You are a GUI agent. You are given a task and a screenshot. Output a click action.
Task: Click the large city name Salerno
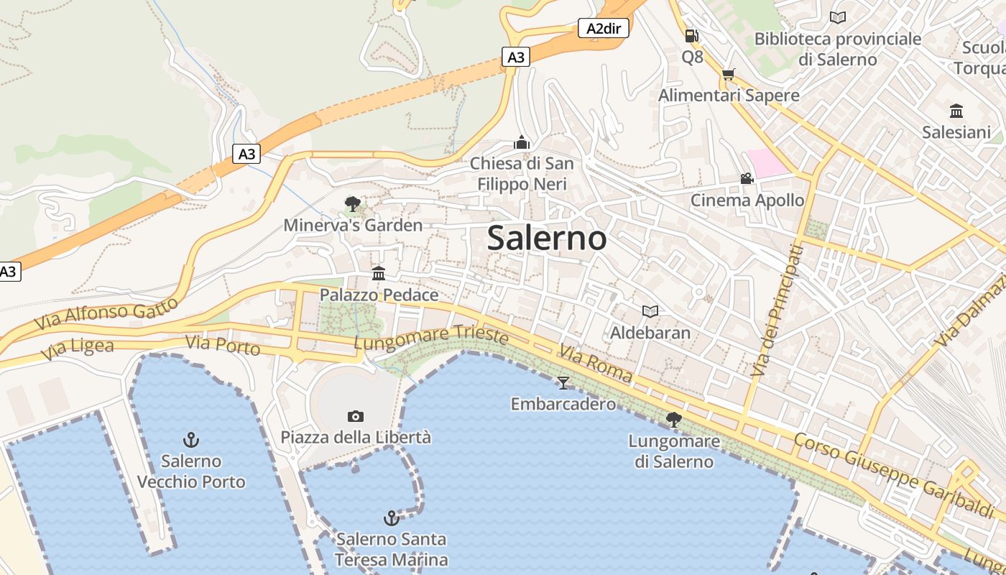pyautogui.click(x=547, y=238)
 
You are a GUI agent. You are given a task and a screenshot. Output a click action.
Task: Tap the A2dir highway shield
pyautogui.click(x=604, y=29)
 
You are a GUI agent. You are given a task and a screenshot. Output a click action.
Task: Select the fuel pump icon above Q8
pyautogui.click(x=691, y=35)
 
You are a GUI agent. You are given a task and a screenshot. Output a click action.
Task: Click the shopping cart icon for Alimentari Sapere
pyautogui.click(x=728, y=74)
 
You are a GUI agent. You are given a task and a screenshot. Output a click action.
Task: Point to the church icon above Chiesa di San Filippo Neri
pyautogui.click(x=522, y=142)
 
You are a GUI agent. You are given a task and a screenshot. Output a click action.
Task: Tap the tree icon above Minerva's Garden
pyautogui.click(x=352, y=204)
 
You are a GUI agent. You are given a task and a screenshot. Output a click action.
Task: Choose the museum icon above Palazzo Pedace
pyautogui.click(x=379, y=273)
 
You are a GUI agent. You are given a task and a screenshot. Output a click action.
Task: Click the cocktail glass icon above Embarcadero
pyautogui.click(x=563, y=382)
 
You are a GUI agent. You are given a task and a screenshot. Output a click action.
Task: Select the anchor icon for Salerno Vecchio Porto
pyautogui.click(x=191, y=439)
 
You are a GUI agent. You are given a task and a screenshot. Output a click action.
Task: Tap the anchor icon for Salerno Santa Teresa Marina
pyautogui.click(x=392, y=517)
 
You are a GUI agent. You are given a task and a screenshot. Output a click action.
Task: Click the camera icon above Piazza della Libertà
pyautogui.click(x=355, y=416)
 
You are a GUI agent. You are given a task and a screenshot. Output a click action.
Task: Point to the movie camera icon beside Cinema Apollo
pyautogui.click(x=747, y=178)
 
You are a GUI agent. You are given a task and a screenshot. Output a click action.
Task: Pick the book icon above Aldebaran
pyautogui.click(x=650, y=311)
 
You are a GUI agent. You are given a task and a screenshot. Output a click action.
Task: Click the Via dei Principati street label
pyautogui.click(x=777, y=310)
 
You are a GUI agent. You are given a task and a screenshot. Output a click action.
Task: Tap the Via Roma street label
pyautogui.click(x=596, y=364)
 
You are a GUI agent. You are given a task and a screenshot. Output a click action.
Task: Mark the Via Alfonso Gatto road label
pyautogui.click(x=106, y=314)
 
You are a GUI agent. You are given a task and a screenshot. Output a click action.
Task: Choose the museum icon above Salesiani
pyautogui.click(x=956, y=111)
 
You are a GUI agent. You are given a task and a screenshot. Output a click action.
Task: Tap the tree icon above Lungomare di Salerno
pyautogui.click(x=673, y=419)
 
